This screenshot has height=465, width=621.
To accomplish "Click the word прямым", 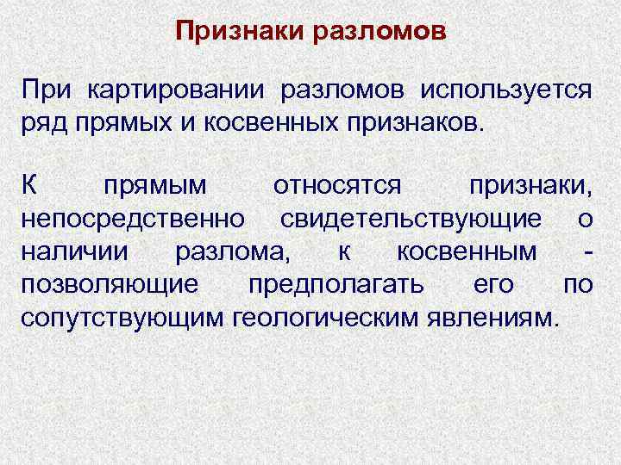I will (x=154, y=185).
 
